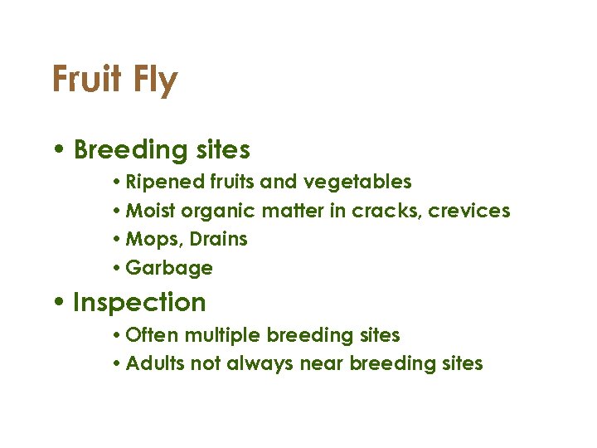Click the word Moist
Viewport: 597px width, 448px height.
point(151,211)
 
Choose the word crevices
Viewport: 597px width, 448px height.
point(472,211)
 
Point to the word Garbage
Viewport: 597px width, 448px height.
point(169,269)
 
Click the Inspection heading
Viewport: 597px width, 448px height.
point(139,303)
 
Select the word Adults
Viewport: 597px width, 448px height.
point(153,363)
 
